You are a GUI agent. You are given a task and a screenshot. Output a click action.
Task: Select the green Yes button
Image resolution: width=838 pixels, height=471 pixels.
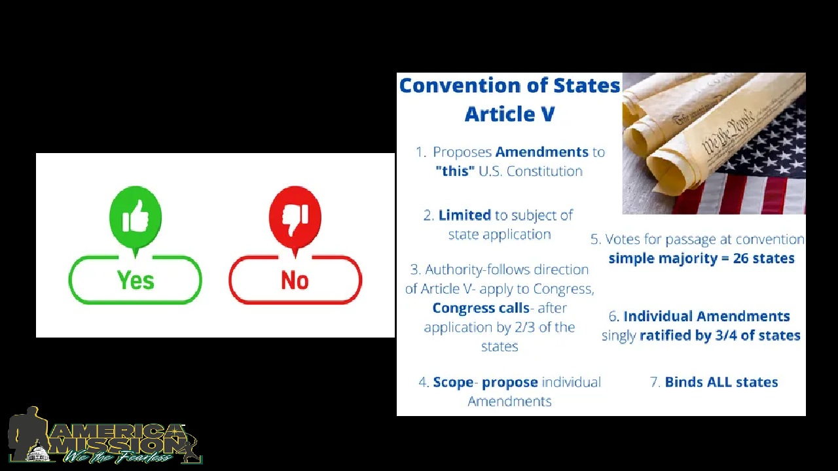(136, 280)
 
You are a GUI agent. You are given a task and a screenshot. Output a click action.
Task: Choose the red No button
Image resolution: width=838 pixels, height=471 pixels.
(295, 280)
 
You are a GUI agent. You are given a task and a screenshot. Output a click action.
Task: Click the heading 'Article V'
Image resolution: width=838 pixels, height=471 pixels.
(509, 114)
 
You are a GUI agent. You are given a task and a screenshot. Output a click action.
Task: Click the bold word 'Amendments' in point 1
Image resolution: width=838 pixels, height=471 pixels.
(541, 152)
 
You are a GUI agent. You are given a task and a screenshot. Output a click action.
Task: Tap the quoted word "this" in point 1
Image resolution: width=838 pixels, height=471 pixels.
(455, 171)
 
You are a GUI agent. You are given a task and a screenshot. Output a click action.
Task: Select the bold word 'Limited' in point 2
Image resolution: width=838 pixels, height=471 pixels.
(464, 215)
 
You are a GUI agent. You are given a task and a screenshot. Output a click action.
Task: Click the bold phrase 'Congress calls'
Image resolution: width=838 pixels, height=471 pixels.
(481, 308)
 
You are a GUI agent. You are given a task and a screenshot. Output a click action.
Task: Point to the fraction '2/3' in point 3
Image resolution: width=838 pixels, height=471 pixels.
(526, 327)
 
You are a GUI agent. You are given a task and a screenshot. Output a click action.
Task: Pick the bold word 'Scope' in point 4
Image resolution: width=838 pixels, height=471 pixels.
(453, 382)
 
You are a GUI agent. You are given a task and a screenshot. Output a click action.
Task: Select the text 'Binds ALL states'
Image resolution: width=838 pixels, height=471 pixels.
(721, 382)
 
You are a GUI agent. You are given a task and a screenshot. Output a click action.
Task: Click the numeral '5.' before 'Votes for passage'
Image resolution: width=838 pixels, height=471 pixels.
(595, 239)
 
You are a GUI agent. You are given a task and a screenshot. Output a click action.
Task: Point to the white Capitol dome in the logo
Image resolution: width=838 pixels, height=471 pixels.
(39, 451)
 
